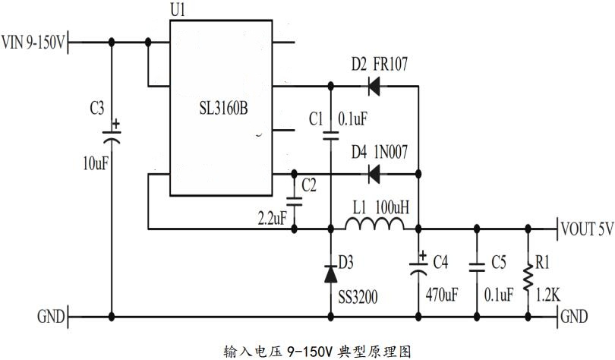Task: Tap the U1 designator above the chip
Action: pos(178,11)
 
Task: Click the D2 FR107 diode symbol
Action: pos(374,86)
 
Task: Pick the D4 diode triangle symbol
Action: pos(374,174)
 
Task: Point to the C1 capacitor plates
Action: pos(331,137)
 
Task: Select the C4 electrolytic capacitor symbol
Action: pos(418,267)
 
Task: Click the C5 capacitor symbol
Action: pos(477,267)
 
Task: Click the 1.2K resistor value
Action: pos(547,292)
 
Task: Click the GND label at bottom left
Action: pos(50,316)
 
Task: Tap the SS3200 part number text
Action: pos(358,292)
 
